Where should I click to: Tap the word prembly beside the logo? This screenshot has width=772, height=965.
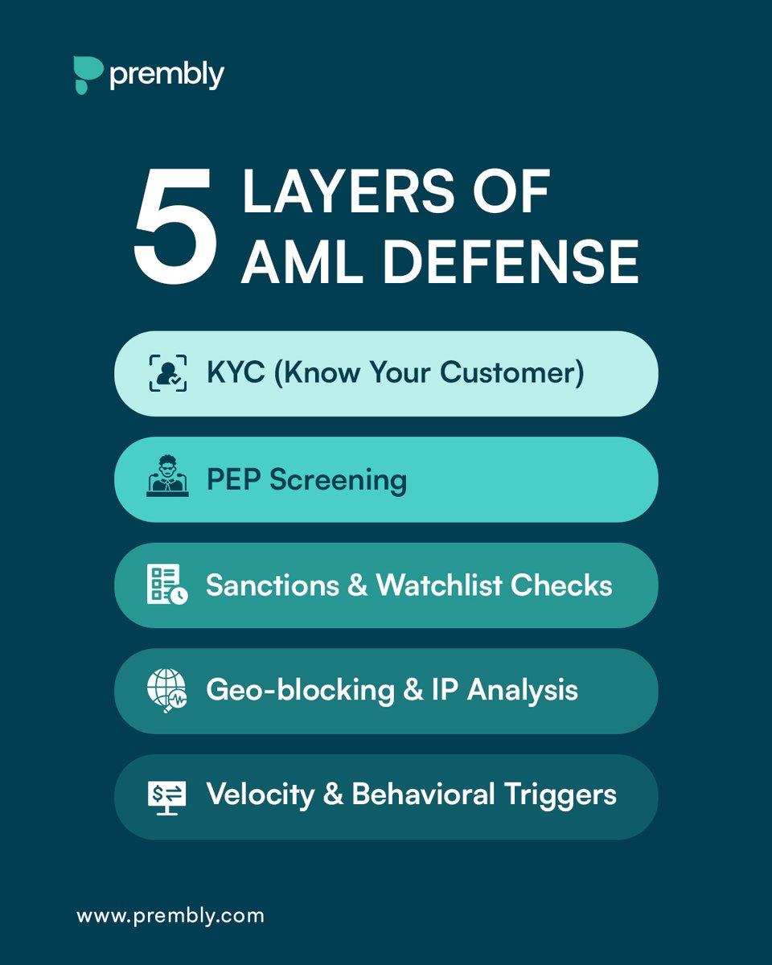tap(166, 76)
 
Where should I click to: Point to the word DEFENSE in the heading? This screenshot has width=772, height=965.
tap(514, 262)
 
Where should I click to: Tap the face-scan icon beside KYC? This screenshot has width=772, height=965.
tap(168, 373)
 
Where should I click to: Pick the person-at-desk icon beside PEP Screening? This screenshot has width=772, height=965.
tap(167, 479)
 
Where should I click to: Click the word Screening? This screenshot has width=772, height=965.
tap(338, 480)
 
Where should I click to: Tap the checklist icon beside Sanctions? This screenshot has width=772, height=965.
tap(167, 585)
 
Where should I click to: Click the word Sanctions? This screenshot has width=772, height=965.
tap(272, 585)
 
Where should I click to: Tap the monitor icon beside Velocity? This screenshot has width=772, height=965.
tap(167, 796)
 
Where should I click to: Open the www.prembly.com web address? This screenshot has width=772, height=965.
tap(170, 915)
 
